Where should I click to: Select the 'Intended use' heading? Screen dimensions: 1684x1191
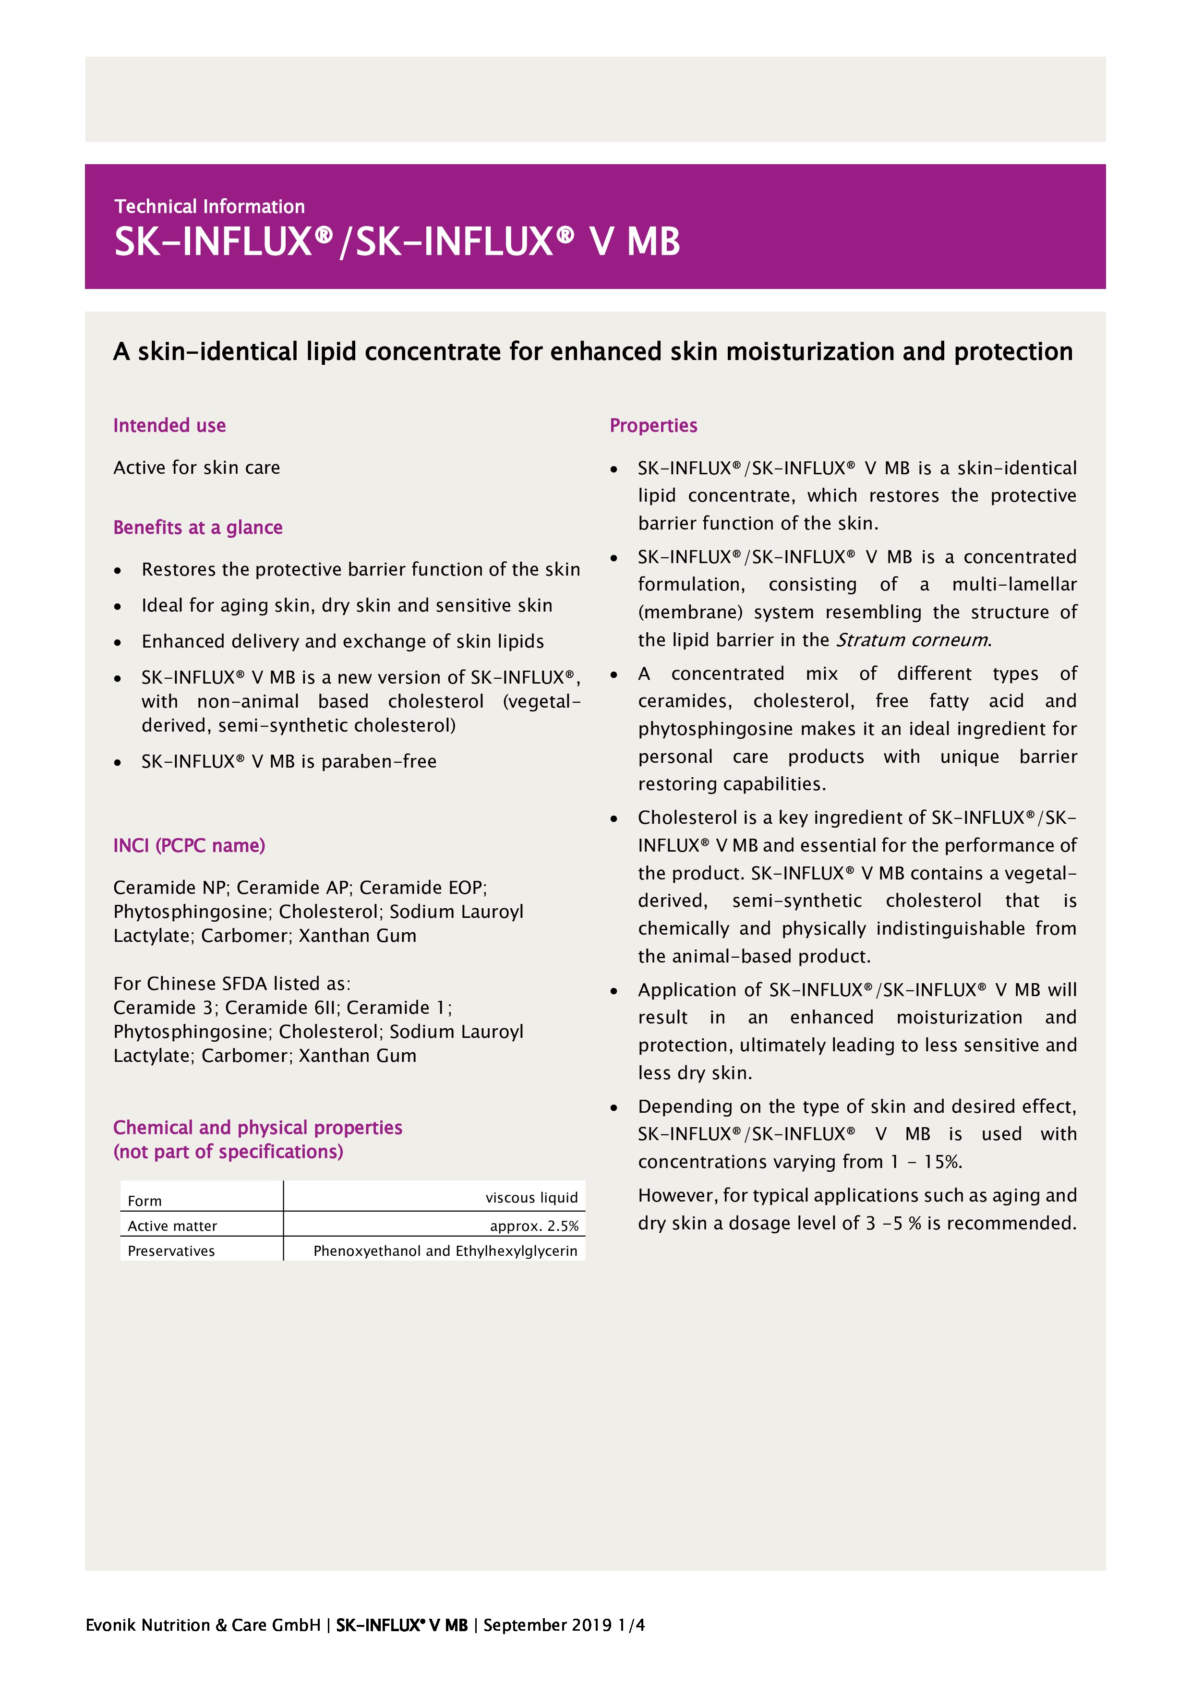(169, 425)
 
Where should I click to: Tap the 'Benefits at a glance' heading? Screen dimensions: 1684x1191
(197, 528)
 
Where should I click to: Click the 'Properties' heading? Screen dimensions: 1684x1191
(653, 425)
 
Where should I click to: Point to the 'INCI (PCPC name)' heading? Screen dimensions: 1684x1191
(189, 846)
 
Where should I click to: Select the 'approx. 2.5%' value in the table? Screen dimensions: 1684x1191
(534, 1226)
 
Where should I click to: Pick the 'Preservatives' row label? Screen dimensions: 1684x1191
(171, 1251)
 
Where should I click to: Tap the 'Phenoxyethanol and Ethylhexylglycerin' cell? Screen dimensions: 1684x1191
(445, 1251)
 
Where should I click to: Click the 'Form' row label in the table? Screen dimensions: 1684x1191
(144, 1201)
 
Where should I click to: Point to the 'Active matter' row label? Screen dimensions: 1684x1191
(172, 1226)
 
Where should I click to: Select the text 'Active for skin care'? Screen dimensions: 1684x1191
(196, 468)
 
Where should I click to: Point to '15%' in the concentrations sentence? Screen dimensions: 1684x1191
(942, 1162)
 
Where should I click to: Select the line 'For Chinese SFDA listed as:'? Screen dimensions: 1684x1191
(232, 984)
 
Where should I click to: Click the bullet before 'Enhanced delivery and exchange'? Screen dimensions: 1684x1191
(117, 642)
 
